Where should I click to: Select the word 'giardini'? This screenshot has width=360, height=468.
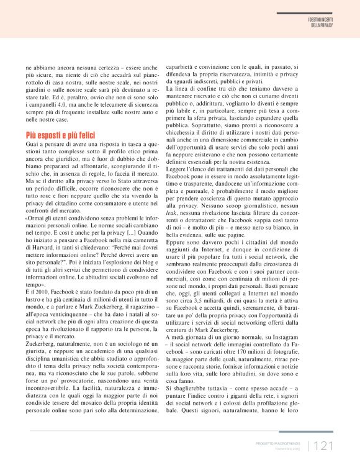37,89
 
